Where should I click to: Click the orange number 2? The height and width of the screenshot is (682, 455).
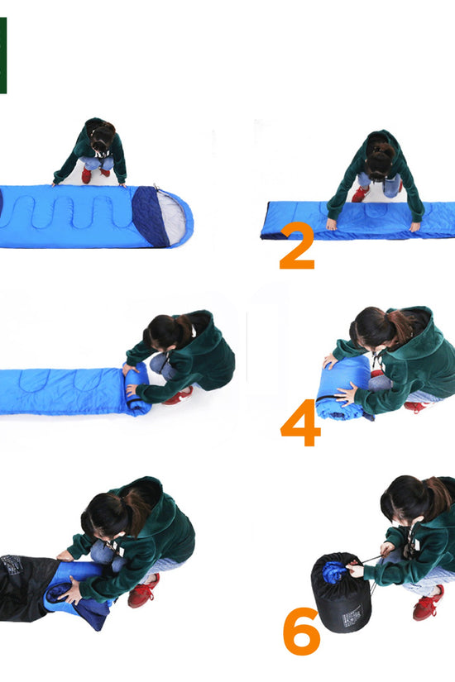tap(297, 246)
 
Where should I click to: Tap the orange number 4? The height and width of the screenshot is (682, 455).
tap(300, 422)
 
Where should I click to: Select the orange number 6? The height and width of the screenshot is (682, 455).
tap(301, 631)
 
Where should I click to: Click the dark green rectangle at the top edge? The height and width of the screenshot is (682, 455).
tap(3, 55)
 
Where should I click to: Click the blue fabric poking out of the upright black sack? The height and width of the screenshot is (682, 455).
tap(334, 571)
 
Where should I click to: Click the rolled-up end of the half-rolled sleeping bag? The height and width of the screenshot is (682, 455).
tap(137, 389)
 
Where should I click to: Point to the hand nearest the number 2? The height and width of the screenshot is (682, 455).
tap(332, 224)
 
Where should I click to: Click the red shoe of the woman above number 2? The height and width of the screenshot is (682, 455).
tap(361, 193)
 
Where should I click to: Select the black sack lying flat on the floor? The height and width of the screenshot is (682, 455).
tap(24, 587)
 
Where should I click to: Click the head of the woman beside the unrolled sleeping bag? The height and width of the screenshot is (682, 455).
tap(103, 135)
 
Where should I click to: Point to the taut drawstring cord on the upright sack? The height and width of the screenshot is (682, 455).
tap(369, 560)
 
